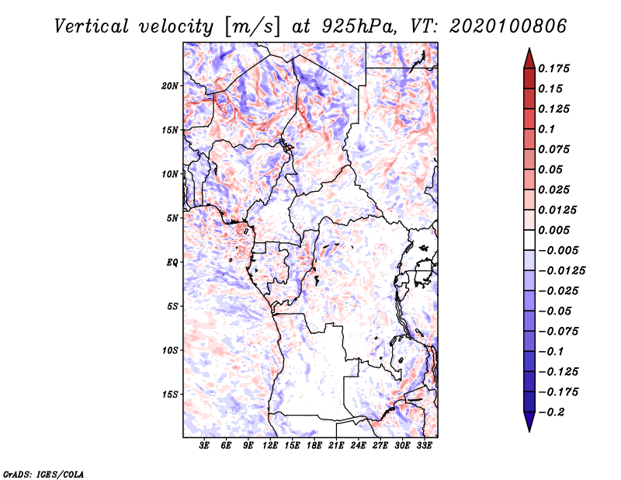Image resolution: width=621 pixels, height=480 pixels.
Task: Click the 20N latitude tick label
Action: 170,85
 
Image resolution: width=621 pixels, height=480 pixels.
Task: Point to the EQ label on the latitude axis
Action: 172,262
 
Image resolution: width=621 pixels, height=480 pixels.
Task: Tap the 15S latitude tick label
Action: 170,394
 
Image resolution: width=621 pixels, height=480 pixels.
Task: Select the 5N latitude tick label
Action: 172,217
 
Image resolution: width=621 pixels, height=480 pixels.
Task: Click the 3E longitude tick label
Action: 205,446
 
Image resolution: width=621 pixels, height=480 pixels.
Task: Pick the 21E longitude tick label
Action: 336,446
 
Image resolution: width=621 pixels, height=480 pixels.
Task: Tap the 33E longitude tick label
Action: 424,446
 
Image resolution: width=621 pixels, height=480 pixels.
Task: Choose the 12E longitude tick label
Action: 270,446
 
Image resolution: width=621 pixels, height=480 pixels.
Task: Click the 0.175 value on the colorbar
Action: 555,68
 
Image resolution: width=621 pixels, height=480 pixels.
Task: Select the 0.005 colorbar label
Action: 555,230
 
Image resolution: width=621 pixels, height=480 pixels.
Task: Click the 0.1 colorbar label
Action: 548,129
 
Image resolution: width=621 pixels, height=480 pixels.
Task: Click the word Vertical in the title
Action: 92,26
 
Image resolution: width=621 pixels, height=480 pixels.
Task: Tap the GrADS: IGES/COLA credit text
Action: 33,472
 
